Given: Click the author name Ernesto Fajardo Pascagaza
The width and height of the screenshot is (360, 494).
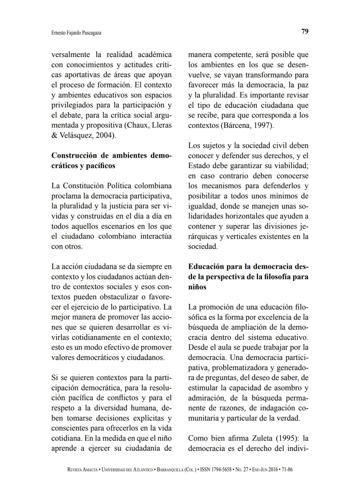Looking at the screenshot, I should click(76, 33).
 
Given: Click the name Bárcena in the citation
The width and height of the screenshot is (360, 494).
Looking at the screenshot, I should click(237, 125).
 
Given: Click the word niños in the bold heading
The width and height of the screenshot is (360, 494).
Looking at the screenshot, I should click(197, 287).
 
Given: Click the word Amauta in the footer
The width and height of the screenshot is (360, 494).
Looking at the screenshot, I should click(89, 470).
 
